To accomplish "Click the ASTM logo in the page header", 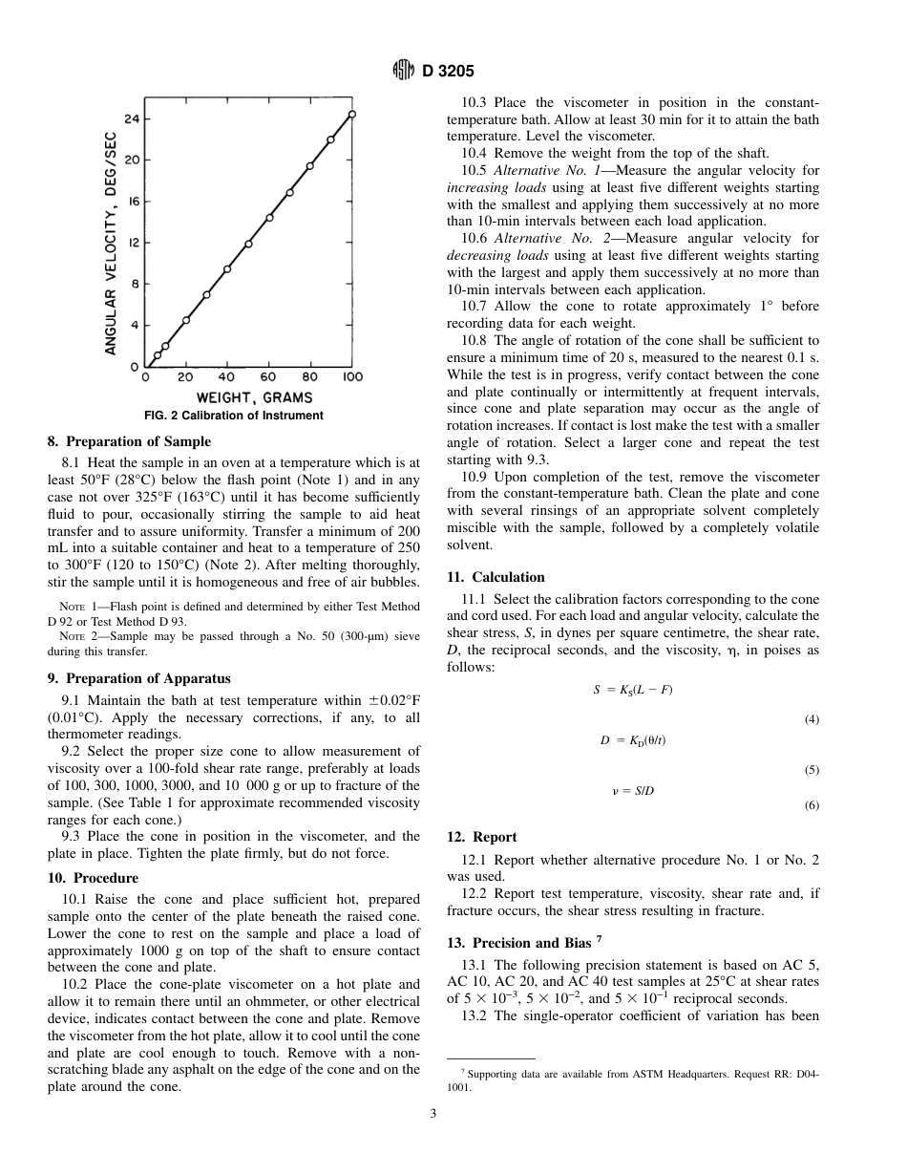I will (404, 71).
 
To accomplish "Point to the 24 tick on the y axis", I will (133, 118).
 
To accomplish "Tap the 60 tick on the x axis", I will (269, 377).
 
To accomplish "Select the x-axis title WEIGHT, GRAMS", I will (254, 397).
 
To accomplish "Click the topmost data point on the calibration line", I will (352, 114).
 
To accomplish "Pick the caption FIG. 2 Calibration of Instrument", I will (234, 416).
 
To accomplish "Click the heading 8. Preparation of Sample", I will (129, 441).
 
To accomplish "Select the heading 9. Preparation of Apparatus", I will (138, 678).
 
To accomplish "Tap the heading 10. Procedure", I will (93, 877).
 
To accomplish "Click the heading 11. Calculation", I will (496, 577).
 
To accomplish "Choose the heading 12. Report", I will (482, 837).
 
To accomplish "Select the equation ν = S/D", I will (632, 791).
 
